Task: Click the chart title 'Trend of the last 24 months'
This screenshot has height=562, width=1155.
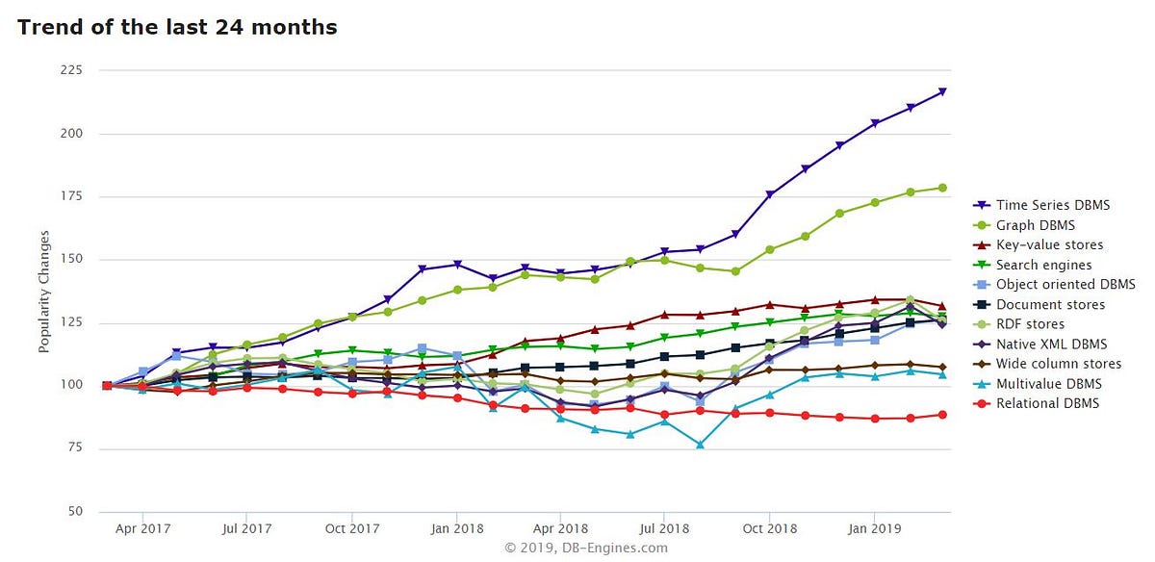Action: (x=177, y=27)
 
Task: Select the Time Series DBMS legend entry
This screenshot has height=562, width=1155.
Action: (x=1052, y=205)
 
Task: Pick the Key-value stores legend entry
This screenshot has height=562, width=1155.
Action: (x=1049, y=244)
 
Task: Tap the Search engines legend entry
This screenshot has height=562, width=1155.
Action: (x=1043, y=265)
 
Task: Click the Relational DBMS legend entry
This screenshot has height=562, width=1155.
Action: (x=1046, y=403)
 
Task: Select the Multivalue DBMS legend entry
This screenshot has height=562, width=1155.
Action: (x=1048, y=384)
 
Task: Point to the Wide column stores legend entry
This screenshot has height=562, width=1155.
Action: (x=1058, y=364)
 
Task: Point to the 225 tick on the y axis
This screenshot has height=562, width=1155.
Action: (x=72, y=70)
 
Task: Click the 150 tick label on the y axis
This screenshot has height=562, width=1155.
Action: (x=72, y=260)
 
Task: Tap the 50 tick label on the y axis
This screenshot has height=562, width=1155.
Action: (x=75, y=511)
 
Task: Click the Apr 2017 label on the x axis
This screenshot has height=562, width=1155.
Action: (x=142, y=528)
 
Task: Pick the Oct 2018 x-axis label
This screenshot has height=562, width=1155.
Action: (x=769, y=528)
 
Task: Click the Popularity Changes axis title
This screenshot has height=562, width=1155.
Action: (x=44, y=291)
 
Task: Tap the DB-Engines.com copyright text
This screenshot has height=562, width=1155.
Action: (x=585, y=548)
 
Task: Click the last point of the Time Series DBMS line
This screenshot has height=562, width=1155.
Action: (x=942, y=92)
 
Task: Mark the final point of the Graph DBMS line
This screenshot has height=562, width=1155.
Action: (x=942, y=188)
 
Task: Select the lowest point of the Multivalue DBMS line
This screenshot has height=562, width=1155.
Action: (x=700, y=445)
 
